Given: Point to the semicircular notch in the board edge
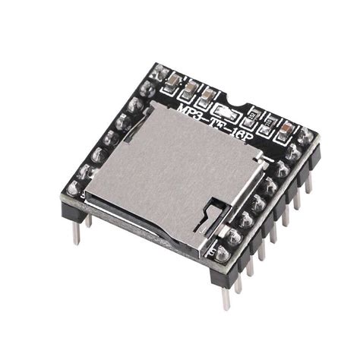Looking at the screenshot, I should pyautogui.click(x=242, y=103).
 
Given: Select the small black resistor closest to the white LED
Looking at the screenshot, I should pyautogui.click(x=254, y=116).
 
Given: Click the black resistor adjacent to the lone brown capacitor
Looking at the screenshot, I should pyautogui.click(x=269, y=122).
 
